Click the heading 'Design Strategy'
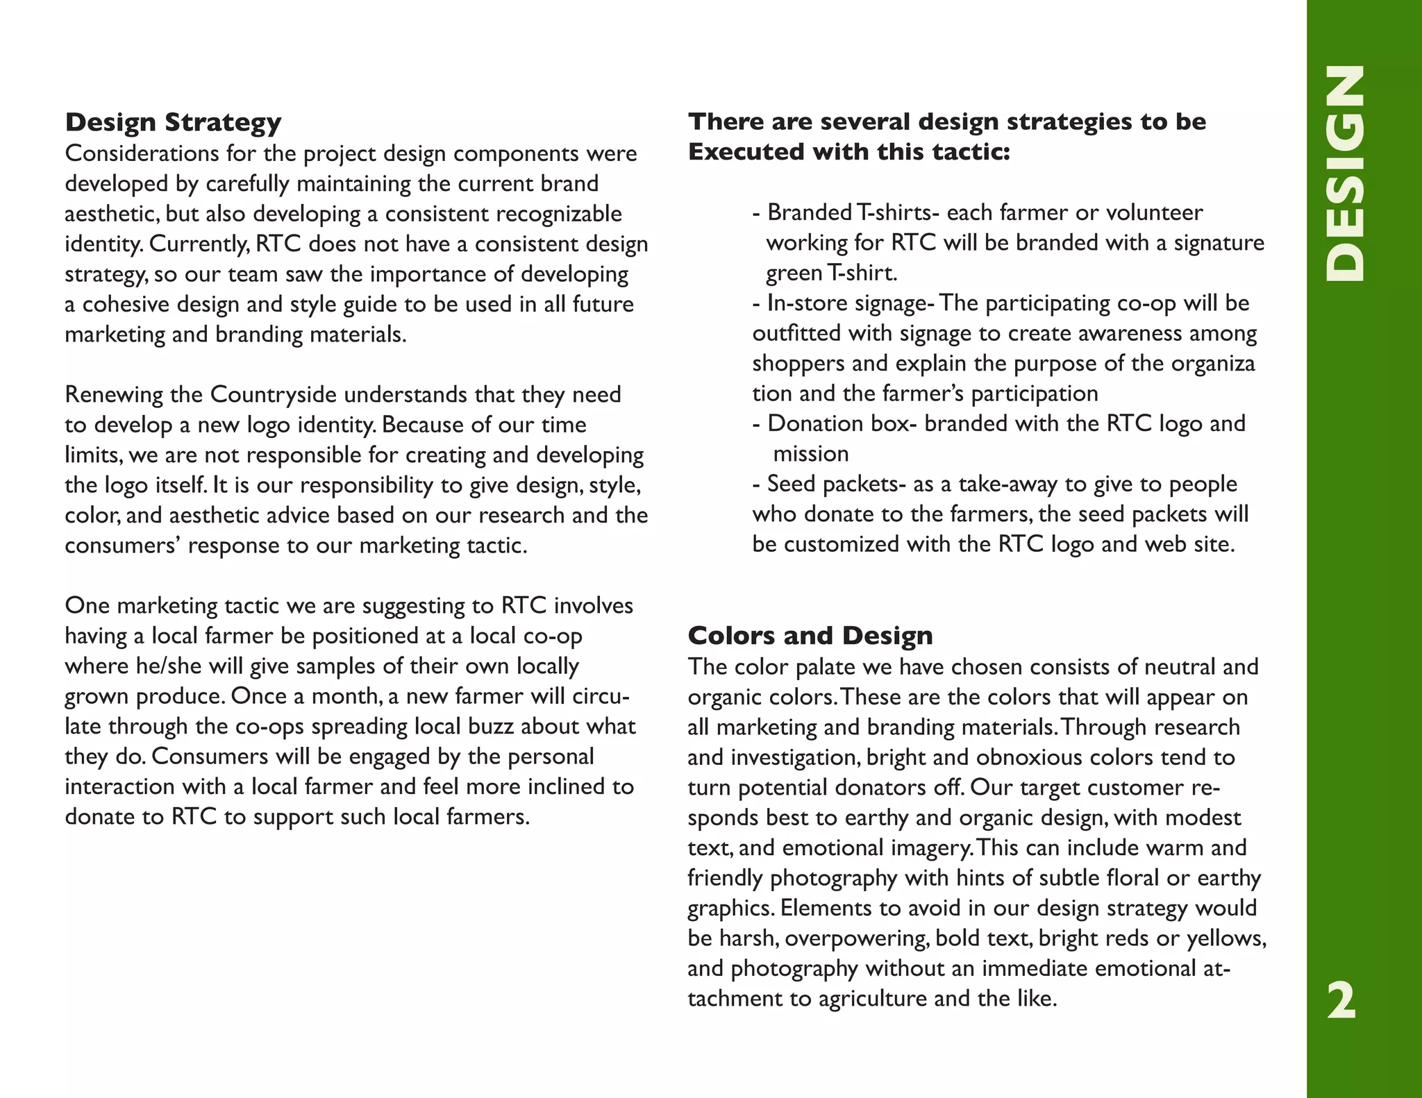(x=173, y=123)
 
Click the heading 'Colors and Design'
(x=810, y=636)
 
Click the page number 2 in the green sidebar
(x=1341, y=1001)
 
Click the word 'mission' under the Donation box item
(x=810, y=454)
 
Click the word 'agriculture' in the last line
(x=873, y=999)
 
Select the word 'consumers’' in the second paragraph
(x=123, y=546)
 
